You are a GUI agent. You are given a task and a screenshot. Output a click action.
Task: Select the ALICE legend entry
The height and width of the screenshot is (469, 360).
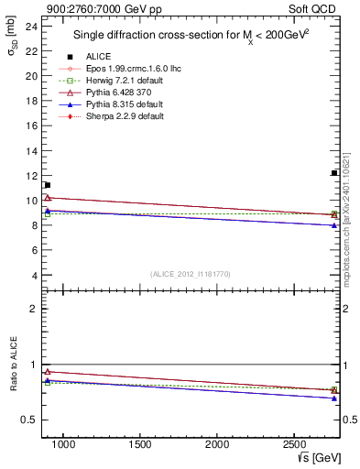click(x=99, y=56)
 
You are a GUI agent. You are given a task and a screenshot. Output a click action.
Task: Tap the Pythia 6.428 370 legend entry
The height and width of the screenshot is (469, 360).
click(x=120, y=93)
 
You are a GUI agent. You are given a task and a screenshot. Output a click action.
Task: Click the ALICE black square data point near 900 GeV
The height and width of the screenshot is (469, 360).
click(x=48, y=185)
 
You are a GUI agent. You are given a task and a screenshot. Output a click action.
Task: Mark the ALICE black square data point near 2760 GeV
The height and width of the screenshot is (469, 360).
click(x=334, y=173)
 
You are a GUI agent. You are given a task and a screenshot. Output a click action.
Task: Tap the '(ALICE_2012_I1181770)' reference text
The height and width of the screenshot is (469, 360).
click(x=191, y=274)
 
